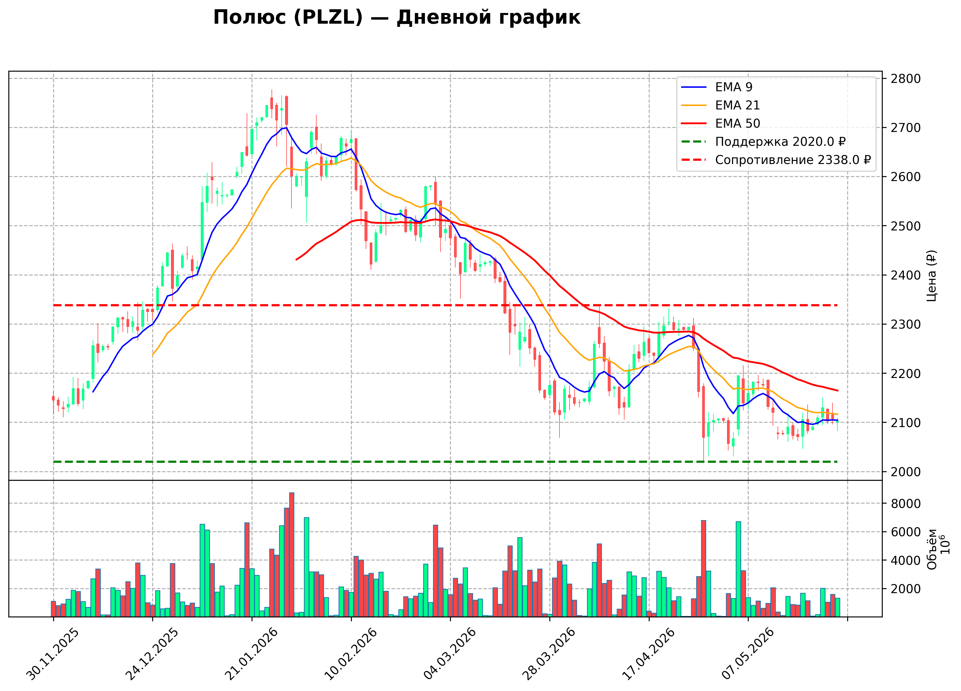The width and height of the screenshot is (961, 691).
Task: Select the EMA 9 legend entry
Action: coord(717,87)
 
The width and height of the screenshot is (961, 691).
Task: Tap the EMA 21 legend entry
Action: coord(720,105)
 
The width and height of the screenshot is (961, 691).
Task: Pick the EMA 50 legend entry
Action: coord(720,123)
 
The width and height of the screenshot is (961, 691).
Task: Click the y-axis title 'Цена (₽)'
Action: coord(931,276)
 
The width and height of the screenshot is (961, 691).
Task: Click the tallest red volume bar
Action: coord(291,555)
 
